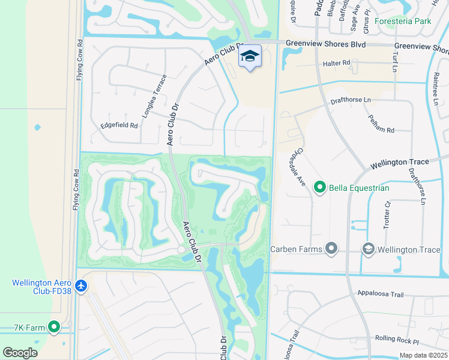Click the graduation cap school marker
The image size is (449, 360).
[x=250, y=56]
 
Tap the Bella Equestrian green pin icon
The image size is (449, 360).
[x=320, y=188]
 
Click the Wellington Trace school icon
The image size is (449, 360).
[x=369, y=248]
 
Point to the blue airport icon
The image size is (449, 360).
[x=82, y=287]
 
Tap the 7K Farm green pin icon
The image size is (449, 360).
[x=54, y=326]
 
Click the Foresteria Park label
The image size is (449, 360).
[x=403, y=21]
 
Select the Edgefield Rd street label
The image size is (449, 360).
[x=119, y=126]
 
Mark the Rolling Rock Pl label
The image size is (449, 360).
[x=396, y=340]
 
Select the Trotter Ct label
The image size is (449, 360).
[x=388, y=212]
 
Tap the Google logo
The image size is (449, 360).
[x=20, y=353]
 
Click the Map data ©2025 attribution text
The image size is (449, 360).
[x=423, y=355]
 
